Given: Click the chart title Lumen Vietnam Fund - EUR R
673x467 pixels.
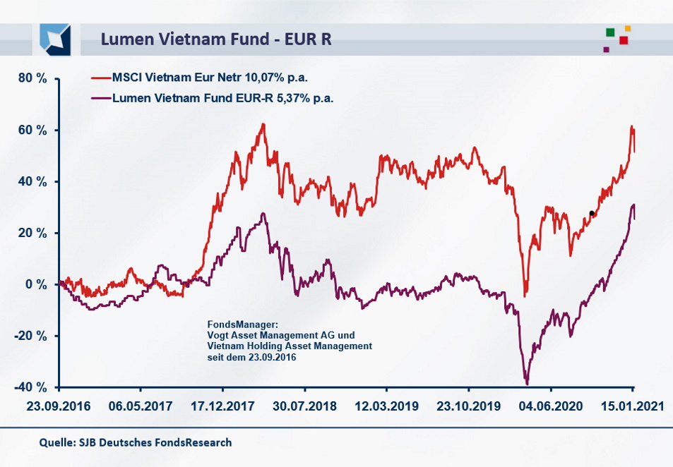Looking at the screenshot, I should [x=216, y=39].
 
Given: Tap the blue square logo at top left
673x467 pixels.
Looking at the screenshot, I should [x=55, y=38].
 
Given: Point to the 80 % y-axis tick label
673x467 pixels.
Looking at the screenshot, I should [x=32, y=78].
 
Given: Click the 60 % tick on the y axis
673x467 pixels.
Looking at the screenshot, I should [x=32, y=131].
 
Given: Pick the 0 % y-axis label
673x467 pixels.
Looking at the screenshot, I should [x=36, y=284].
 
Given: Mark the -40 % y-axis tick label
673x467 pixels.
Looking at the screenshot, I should [x=31, y=387].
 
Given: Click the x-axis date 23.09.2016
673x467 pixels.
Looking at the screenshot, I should [x=59, y=407].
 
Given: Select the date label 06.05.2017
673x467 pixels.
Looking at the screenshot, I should [x=141, y=407].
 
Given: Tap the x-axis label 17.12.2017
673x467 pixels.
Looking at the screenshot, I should [x=222, y=407].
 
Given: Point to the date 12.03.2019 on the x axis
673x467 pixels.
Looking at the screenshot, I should [x=386, y=407].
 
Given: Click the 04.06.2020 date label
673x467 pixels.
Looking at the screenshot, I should [x=551, y=407].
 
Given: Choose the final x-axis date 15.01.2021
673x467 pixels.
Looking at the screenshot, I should [x=633, y=407].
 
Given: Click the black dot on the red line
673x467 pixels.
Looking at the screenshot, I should [x=592, y=213].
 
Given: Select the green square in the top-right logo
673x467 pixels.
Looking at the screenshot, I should [x=610, y=32].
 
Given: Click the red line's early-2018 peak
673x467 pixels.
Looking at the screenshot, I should [x=263, y=124].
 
